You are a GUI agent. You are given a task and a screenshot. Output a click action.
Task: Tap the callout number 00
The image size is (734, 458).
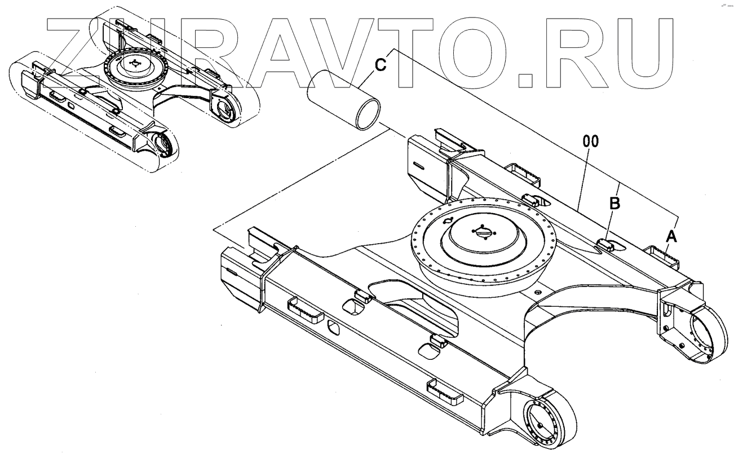(x=590, y=143)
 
